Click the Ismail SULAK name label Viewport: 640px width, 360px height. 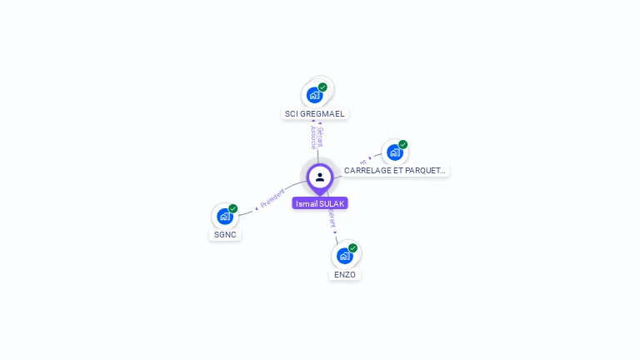pos(320,203)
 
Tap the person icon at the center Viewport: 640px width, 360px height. pos(320,177)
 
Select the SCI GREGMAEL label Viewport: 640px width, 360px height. pos(314,113)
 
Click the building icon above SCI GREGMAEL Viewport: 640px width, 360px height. pos(314,94)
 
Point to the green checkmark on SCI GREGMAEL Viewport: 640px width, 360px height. pos(322,87)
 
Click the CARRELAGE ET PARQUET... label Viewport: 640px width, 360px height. pos(395,170)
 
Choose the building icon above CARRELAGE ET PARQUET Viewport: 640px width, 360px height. pos(394,152)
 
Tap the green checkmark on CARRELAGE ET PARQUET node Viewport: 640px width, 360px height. pos(402,145)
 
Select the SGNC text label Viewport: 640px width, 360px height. pos(225,234)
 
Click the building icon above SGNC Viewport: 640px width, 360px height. pos(224,216)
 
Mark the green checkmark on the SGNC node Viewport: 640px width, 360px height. pos(233,208)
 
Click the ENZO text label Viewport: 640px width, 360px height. pos(345,274)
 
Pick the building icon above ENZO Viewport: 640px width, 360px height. pos(344,256)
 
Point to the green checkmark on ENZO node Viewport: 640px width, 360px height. pos(352,248)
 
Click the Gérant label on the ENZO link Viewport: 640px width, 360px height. pos(332,219)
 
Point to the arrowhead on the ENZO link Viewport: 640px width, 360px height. pos(336,233)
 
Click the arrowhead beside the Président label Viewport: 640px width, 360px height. pos(256,207)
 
